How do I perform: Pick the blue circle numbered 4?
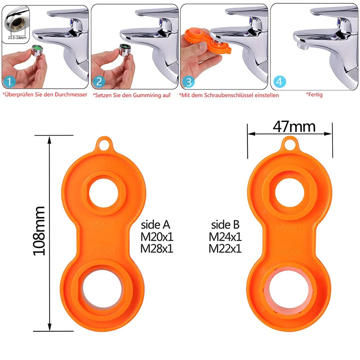click(279, 81)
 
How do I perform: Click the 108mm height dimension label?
click(40, 231)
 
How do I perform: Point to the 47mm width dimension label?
click(294, 126)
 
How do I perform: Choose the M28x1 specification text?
click(157, 248)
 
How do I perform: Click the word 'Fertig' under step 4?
click(315, 95)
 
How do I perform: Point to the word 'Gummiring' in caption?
click(144, 95)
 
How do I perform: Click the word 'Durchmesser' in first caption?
click(70, 95)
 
